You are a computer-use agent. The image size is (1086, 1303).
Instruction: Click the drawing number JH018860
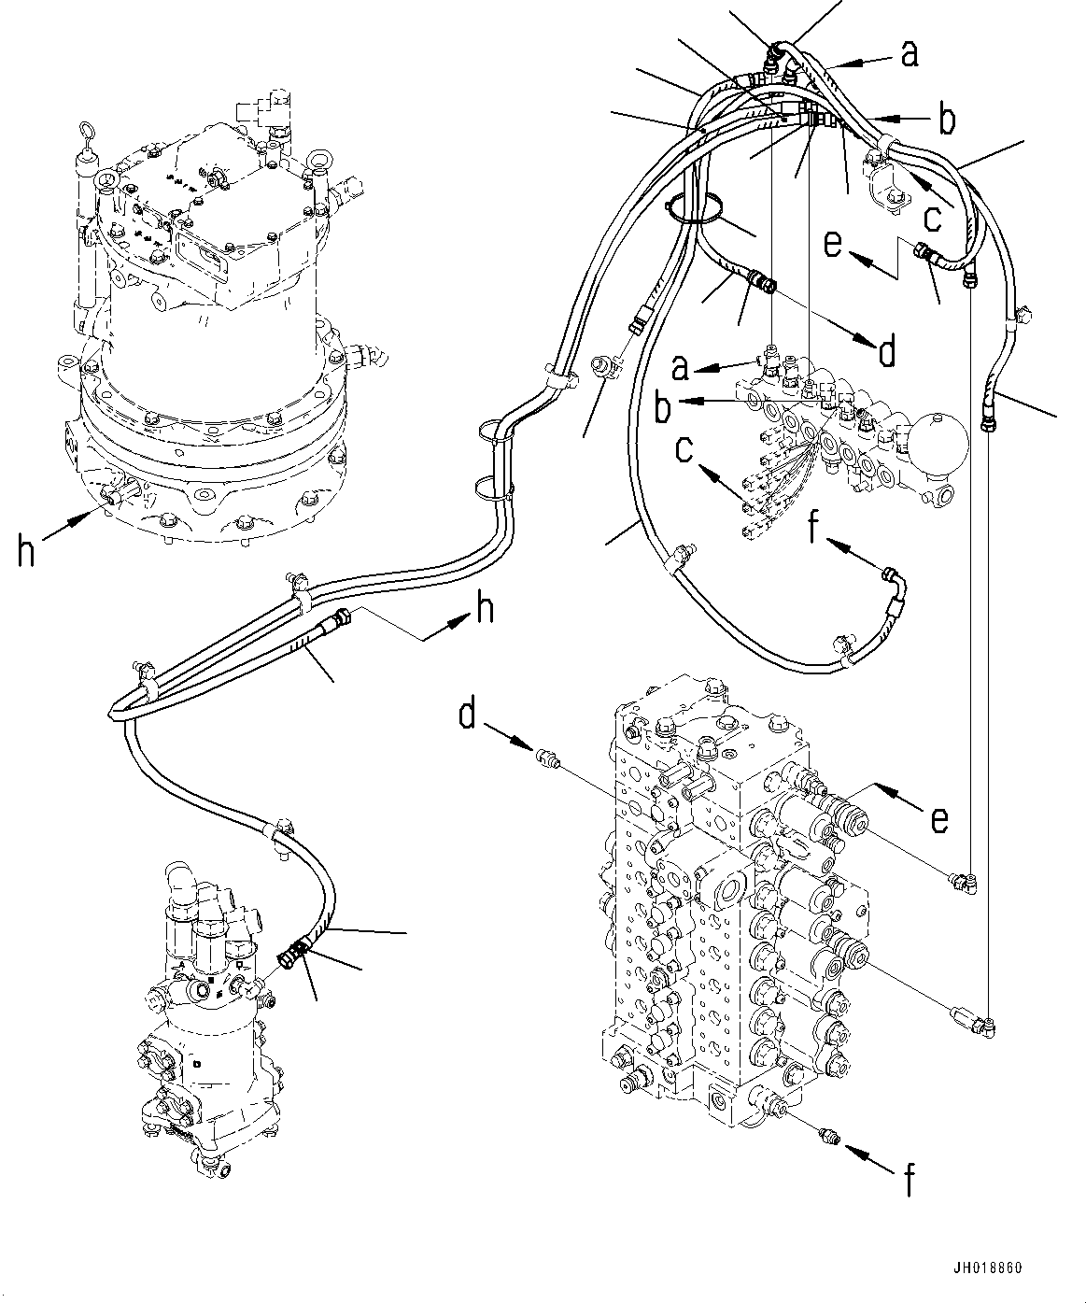click(x=989, y=1268)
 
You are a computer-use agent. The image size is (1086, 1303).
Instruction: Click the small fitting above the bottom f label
click(x=826, y=1137)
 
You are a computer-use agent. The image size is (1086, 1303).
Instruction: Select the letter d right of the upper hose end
click(x=886, y=352)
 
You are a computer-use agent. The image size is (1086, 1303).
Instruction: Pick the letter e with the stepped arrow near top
click(x=833, y=246)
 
